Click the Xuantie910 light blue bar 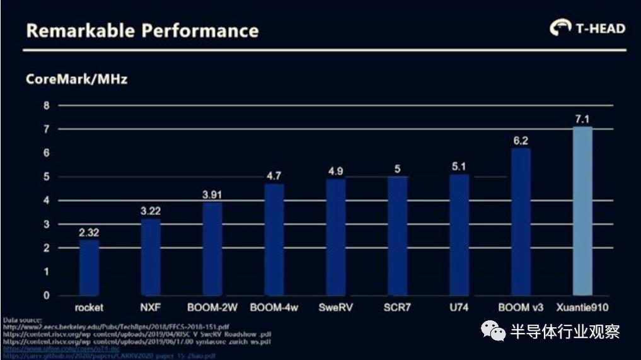click(x=582, y=211)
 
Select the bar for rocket click(x=89, y=267)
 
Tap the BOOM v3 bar click(x=521, y=221)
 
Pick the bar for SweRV click(x=335, y=237)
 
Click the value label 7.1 click(x=582, y=119)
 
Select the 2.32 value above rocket click(x=89, y=233)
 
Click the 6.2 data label click(x=521, y=141)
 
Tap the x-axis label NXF click(x=151, y=308)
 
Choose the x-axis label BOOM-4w click(x=274, y=308)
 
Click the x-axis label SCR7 click(x=397, y=308)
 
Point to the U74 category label click(x=459, y=308)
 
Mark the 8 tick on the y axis click(x=46, y=105)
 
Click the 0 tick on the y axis click(x=46, y=295)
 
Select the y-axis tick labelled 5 click(x=46, y=177)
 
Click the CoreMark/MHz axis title click(x=77, y=79)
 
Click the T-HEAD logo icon click(x=558, y=28)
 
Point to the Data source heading click(x=23, y=320)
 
